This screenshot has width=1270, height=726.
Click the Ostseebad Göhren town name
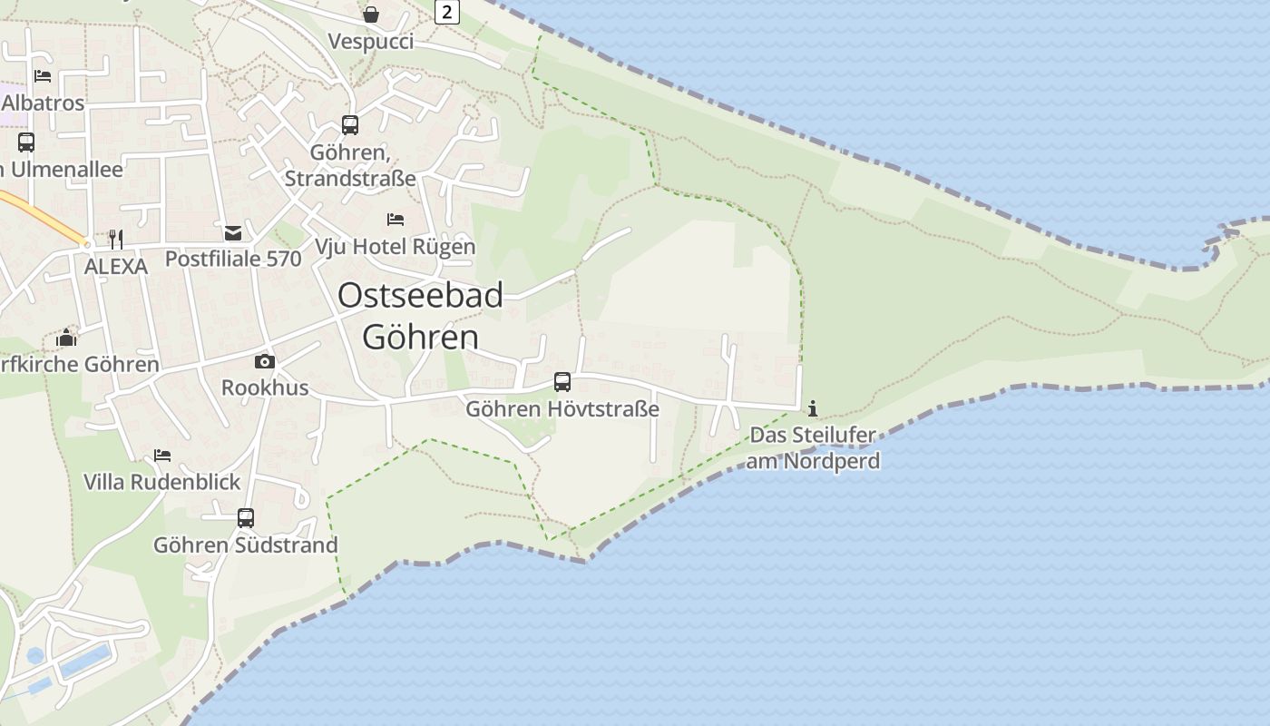(420, 316)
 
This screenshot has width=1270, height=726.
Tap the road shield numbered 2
(446, 12)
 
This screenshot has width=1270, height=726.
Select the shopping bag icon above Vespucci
(371, 14)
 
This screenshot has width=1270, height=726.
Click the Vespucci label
(371, 42)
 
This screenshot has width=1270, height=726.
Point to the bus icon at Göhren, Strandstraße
(350, 125)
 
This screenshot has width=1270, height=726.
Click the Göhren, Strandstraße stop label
(350, 165)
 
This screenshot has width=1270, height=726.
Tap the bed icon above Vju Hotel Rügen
(396, 220)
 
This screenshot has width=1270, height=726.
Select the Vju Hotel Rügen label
(395, 246)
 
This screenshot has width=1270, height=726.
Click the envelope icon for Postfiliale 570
(233, 233)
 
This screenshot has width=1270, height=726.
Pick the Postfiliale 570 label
(233, 259)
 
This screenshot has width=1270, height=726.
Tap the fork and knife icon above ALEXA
(115, 239)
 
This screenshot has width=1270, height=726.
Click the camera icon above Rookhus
(265, 361)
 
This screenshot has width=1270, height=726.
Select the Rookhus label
(265, 388)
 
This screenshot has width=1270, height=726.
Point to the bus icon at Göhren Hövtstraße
(562, 382)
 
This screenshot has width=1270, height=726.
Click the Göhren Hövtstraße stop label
(562, 409)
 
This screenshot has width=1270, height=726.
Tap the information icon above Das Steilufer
(813, 408)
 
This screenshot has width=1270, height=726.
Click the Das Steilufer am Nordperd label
(813, 447)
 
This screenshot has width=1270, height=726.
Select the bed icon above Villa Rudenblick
(162, 455)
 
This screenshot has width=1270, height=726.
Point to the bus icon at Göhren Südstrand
(246, 518)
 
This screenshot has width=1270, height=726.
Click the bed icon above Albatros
(43, 76)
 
